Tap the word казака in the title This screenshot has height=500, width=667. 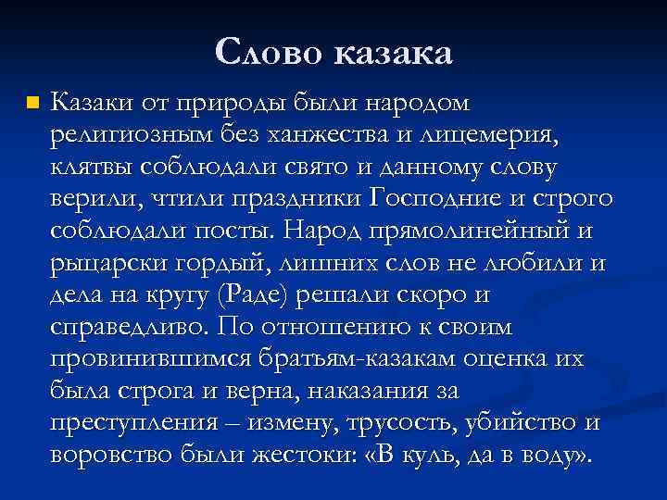[x=392, y=53]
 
